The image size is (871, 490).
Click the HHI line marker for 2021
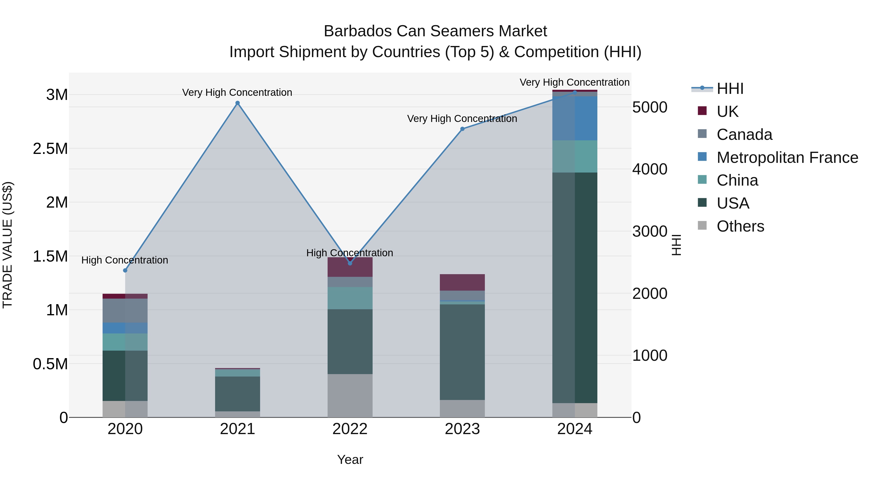pos(237,103)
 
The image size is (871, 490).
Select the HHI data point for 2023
pos(463,129)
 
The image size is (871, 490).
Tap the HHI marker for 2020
pos(125,271)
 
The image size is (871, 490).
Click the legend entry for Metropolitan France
pos(787,158)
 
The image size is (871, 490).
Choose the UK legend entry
pos(727,112)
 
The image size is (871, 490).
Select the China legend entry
pos(737,181)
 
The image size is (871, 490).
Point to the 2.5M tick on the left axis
pos(50,149)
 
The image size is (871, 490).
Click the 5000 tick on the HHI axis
pos(650,107)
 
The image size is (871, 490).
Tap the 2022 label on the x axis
pos(350,429)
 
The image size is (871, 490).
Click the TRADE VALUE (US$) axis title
pos(8,245)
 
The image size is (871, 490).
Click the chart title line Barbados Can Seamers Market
pos(435,31)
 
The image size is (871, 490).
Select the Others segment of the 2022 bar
pos(350,396)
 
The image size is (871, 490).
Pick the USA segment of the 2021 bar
pos(237,394)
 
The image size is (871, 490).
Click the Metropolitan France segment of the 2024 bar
pos(575,118)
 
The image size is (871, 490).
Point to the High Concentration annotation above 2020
pos(125,260)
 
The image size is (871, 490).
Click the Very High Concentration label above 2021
pos(237,93)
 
